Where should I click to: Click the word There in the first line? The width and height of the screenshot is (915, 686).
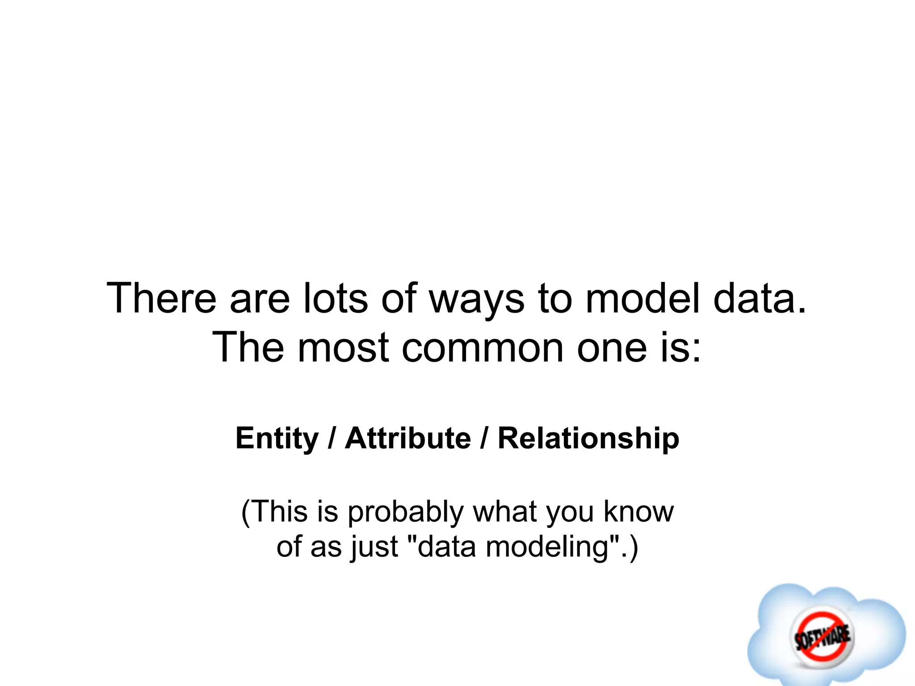click(161, 298)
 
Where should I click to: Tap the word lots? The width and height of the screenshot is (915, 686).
click(336, 298)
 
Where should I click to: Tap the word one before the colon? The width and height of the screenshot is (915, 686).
click(612, 347)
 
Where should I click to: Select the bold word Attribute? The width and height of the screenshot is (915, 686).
click(408, 438)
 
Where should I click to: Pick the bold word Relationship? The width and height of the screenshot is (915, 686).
click(588, 438)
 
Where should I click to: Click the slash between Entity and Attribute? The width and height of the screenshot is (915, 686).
click(332, 438)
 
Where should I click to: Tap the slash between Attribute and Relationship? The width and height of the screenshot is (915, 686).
click(484, 438)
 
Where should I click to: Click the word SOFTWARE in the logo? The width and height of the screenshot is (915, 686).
click(822, 636)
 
